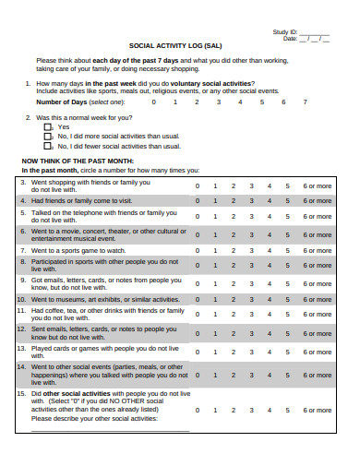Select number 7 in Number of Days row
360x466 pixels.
306,102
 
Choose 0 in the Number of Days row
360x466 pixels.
151,102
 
